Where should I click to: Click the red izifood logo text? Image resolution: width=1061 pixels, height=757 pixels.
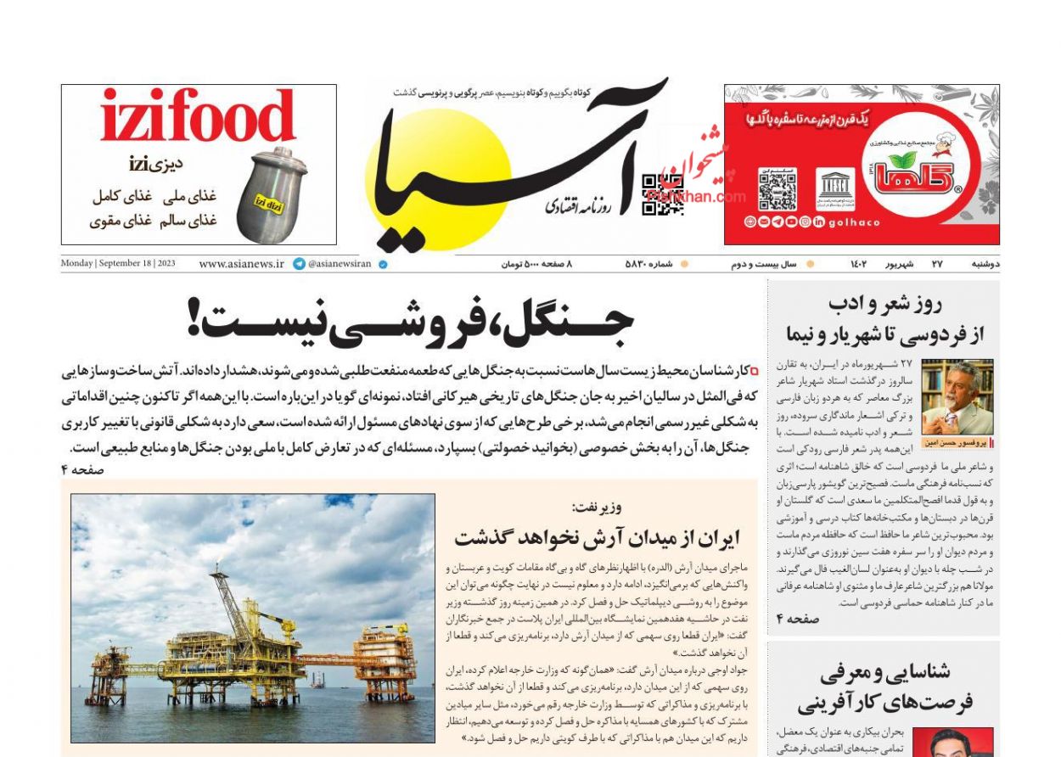pos(198,117)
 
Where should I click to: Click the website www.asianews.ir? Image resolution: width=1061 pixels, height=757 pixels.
pos(241,264)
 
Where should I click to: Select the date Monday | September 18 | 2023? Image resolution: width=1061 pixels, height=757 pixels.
pos(118,263)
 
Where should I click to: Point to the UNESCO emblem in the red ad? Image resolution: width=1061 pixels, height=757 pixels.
pos(835,189)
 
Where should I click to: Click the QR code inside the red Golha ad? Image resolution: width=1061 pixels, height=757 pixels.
pos(777,189)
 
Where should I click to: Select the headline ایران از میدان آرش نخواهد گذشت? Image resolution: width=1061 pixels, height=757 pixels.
pos(597,537)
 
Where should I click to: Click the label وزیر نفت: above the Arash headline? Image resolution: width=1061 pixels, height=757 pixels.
pos(597,507)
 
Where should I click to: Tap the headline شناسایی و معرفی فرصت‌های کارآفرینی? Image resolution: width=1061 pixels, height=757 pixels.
pos(884,689)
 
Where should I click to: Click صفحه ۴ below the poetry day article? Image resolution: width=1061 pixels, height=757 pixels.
pos(798,620)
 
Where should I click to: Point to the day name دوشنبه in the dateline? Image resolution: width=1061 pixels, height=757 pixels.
pos(985,264)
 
